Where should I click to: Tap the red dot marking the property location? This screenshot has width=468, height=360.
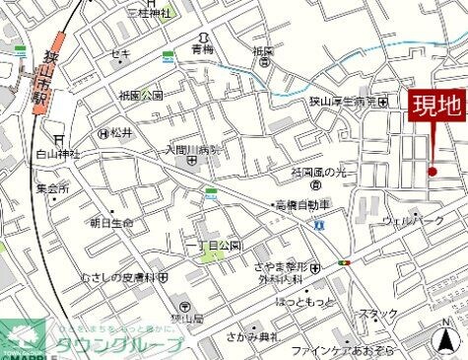click(432, 172)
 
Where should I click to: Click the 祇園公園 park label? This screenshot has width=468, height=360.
click(140, 96)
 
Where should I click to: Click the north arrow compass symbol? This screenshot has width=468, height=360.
click(449, 341)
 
